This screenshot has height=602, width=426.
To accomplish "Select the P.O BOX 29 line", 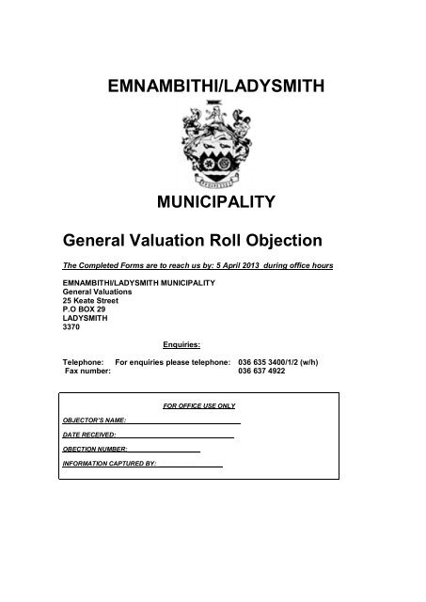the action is pyautogui.click(x=83, y=307).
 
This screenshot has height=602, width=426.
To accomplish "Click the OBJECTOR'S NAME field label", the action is pyautogui.click(x=94, y=421).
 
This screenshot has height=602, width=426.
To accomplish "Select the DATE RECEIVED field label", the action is pyautogui.click(x=88, y=436).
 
